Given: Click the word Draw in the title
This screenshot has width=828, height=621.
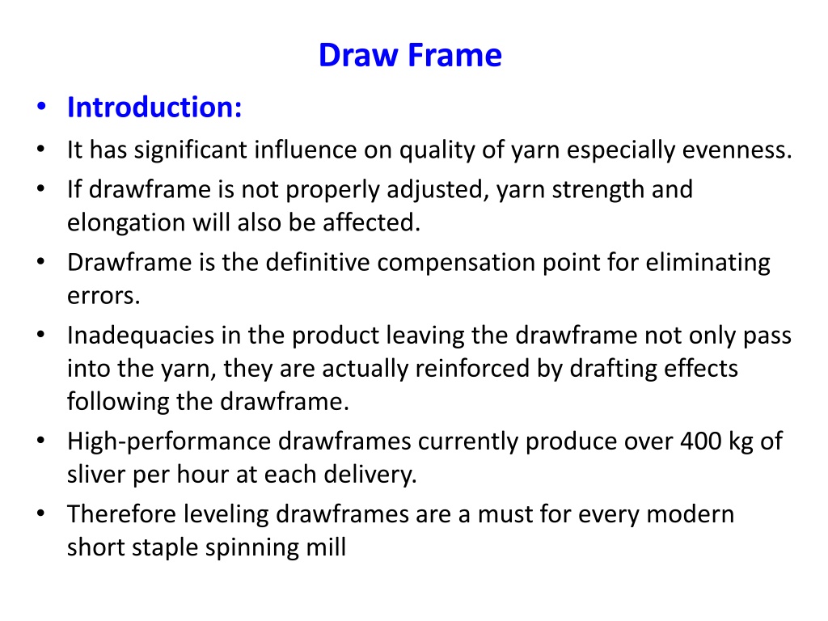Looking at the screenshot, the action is [358, 55].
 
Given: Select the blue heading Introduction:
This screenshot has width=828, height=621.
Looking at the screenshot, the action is [154, 108].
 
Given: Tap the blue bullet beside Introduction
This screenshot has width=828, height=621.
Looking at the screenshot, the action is [42, 107].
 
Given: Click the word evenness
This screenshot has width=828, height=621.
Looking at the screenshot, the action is [737, 150].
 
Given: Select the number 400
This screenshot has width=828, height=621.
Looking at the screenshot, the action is [701, 441].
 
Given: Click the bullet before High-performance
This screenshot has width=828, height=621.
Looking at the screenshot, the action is [41, 441].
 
